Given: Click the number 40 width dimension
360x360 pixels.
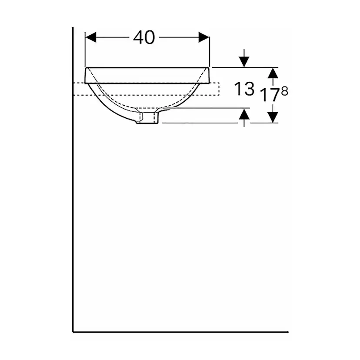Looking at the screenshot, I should pyautogui.click(x=144, y=38).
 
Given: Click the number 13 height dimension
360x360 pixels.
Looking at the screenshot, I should pyautogui.click(x=244, y=89).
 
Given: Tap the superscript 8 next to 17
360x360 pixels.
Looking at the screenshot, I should pyautogui.click(x=285, y=91).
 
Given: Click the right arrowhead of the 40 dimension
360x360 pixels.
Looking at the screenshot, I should pyautogui.click(x=204, y=37).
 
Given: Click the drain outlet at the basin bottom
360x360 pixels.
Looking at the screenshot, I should pyautogui.click(x=149, y=117).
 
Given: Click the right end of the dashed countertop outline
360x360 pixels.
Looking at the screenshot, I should pyautogui.click(x=219, y=89).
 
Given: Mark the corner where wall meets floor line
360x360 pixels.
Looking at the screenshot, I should pyautogui.click(x=72, y=331).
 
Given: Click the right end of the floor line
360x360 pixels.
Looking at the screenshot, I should pyautogui.click(x=287, y=331).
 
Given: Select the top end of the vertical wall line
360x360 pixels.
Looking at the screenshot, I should pyautogui.click(x=72, y=28).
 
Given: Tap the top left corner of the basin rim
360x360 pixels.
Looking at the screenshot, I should pyautogui.click(x=85, y=68).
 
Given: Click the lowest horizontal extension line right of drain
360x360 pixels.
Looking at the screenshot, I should pyautogui.click(x=200, y=123).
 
